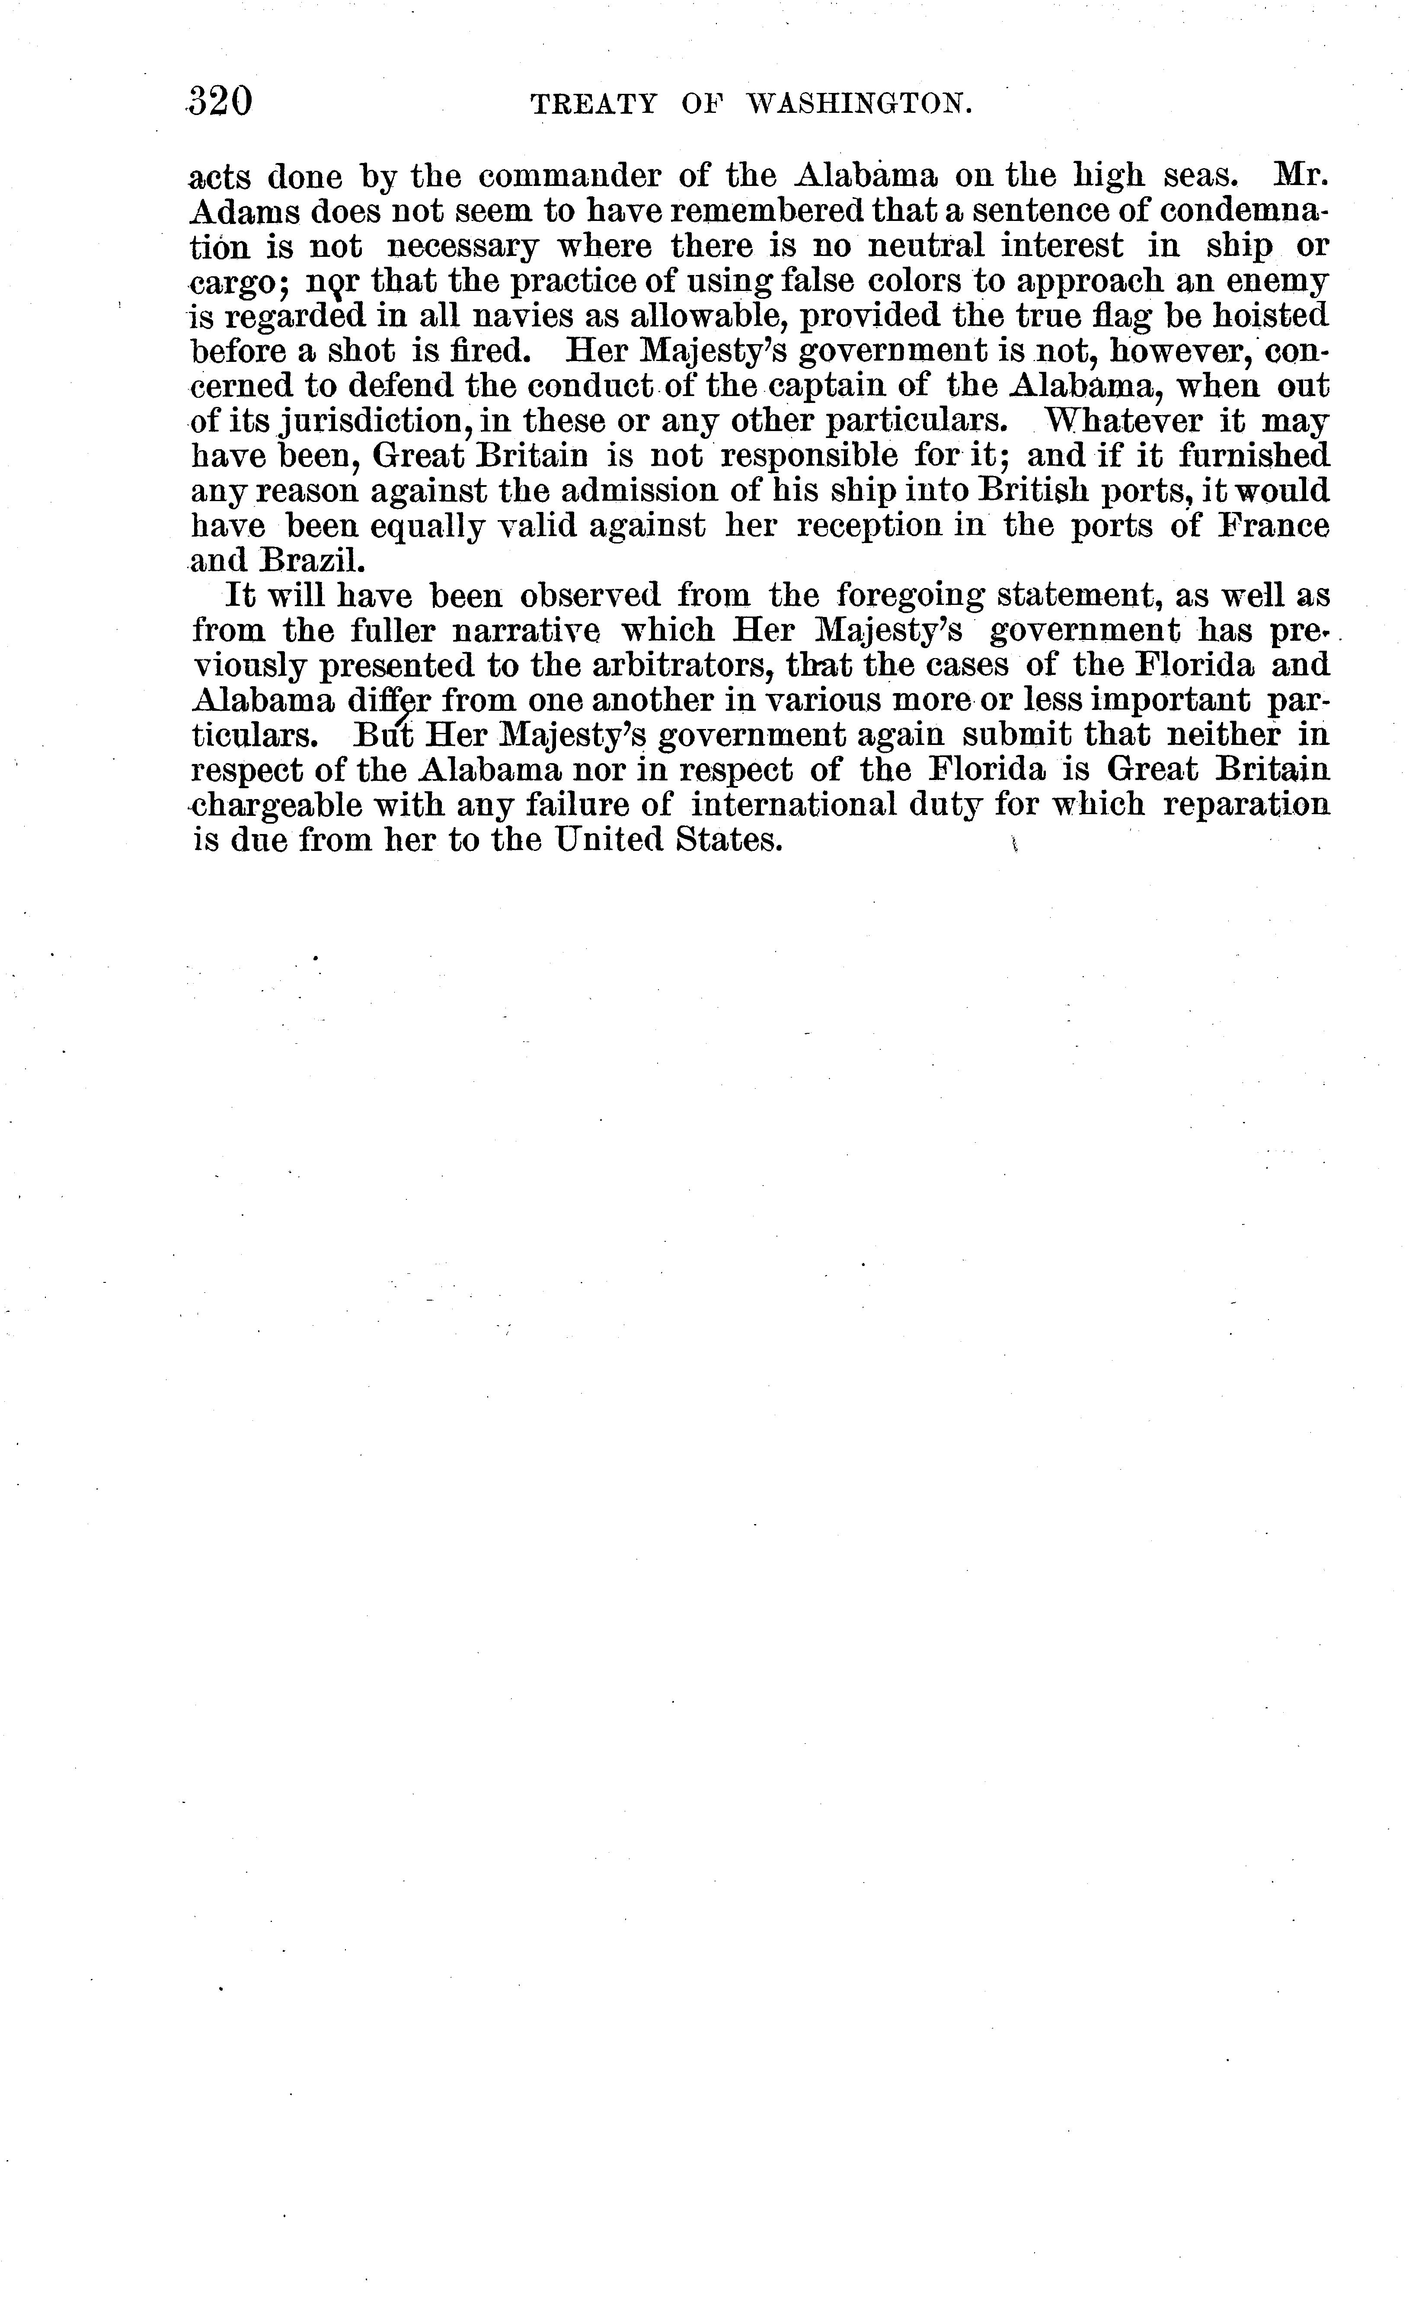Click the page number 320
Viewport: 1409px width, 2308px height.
pos(221,101)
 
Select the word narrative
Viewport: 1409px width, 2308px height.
pos(526,630)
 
